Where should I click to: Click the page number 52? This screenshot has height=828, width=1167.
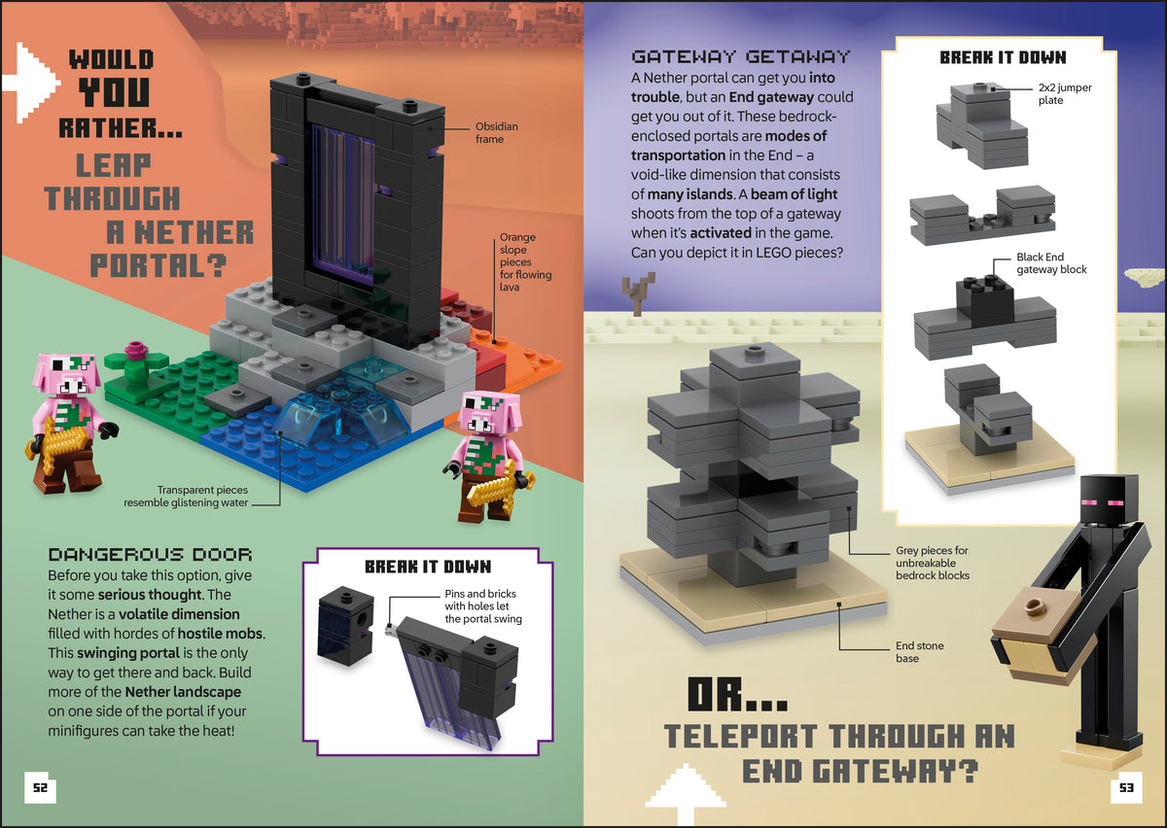pos(40,787)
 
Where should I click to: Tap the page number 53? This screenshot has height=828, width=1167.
pos(1126,787)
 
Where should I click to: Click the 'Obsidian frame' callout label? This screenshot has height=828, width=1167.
pos(497,133)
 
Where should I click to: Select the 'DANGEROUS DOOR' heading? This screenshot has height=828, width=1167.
pos(150,555)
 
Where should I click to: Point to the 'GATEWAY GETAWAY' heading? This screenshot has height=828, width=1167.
pos(740,56)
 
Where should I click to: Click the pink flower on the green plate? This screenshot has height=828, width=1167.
pos(136,351)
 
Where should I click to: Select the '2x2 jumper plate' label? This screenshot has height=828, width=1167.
pos(1064,93)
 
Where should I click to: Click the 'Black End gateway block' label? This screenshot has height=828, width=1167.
pos(1051,263)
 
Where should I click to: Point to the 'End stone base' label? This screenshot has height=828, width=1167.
pos(920,652)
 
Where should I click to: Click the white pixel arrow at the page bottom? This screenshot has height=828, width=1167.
pos(686,794)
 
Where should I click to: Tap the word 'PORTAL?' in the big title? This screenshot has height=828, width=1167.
pos(159,265)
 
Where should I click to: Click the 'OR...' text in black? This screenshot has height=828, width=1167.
pos(737,695)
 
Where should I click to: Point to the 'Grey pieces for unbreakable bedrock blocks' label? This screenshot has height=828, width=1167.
pos(933,563)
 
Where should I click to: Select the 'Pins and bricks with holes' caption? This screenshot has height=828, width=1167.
pos(483,606)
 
